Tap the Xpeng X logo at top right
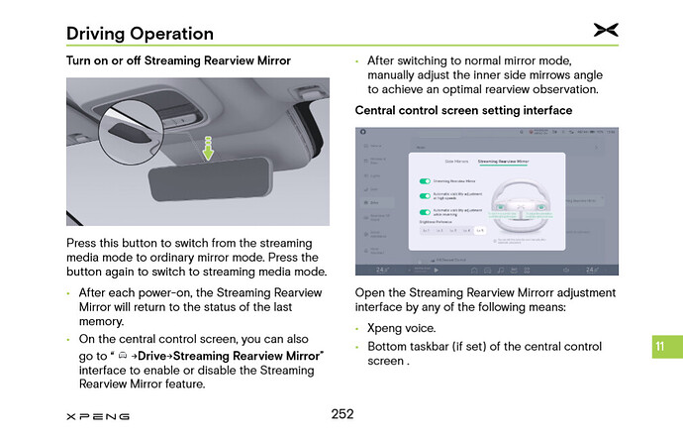606,31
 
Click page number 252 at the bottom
341,413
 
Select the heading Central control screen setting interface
463,110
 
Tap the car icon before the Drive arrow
122,355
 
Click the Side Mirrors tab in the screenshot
456,160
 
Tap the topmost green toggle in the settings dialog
425,181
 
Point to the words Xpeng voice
401,328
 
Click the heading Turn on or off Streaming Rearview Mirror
178,60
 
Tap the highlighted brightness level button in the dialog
480,230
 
